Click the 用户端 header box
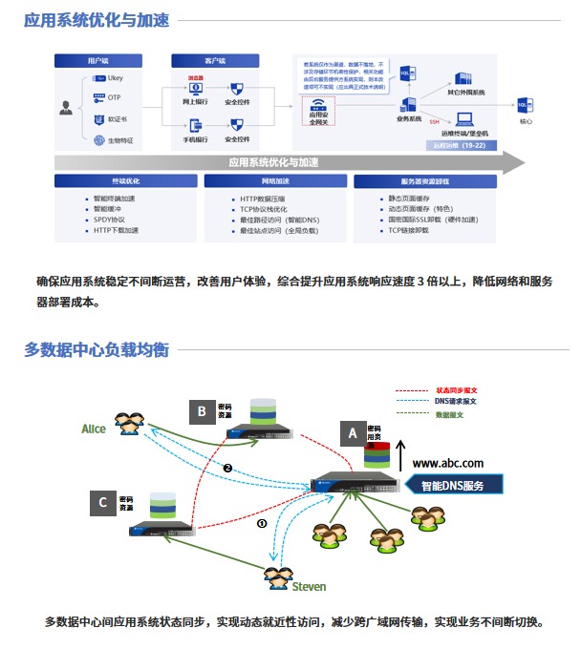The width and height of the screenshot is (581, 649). coord(98,60)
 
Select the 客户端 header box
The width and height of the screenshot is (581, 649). coord(217,60)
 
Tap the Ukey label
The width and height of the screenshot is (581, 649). coord(115,78)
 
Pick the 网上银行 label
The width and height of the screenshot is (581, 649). coord(195,101)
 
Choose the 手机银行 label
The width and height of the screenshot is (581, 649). coord(195,139)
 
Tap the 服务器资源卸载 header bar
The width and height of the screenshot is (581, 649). coord(425,180)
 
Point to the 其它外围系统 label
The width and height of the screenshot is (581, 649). coord(466,93)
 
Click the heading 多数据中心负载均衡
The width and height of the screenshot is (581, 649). coord(97,349)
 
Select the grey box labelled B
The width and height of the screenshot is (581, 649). coord(202,411)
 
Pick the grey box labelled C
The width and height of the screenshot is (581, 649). coord(103,502)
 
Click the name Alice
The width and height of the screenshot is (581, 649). coord(94,429)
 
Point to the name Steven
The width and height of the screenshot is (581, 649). coord(309,586)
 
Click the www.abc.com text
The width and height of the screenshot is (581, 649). coord(447,463)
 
